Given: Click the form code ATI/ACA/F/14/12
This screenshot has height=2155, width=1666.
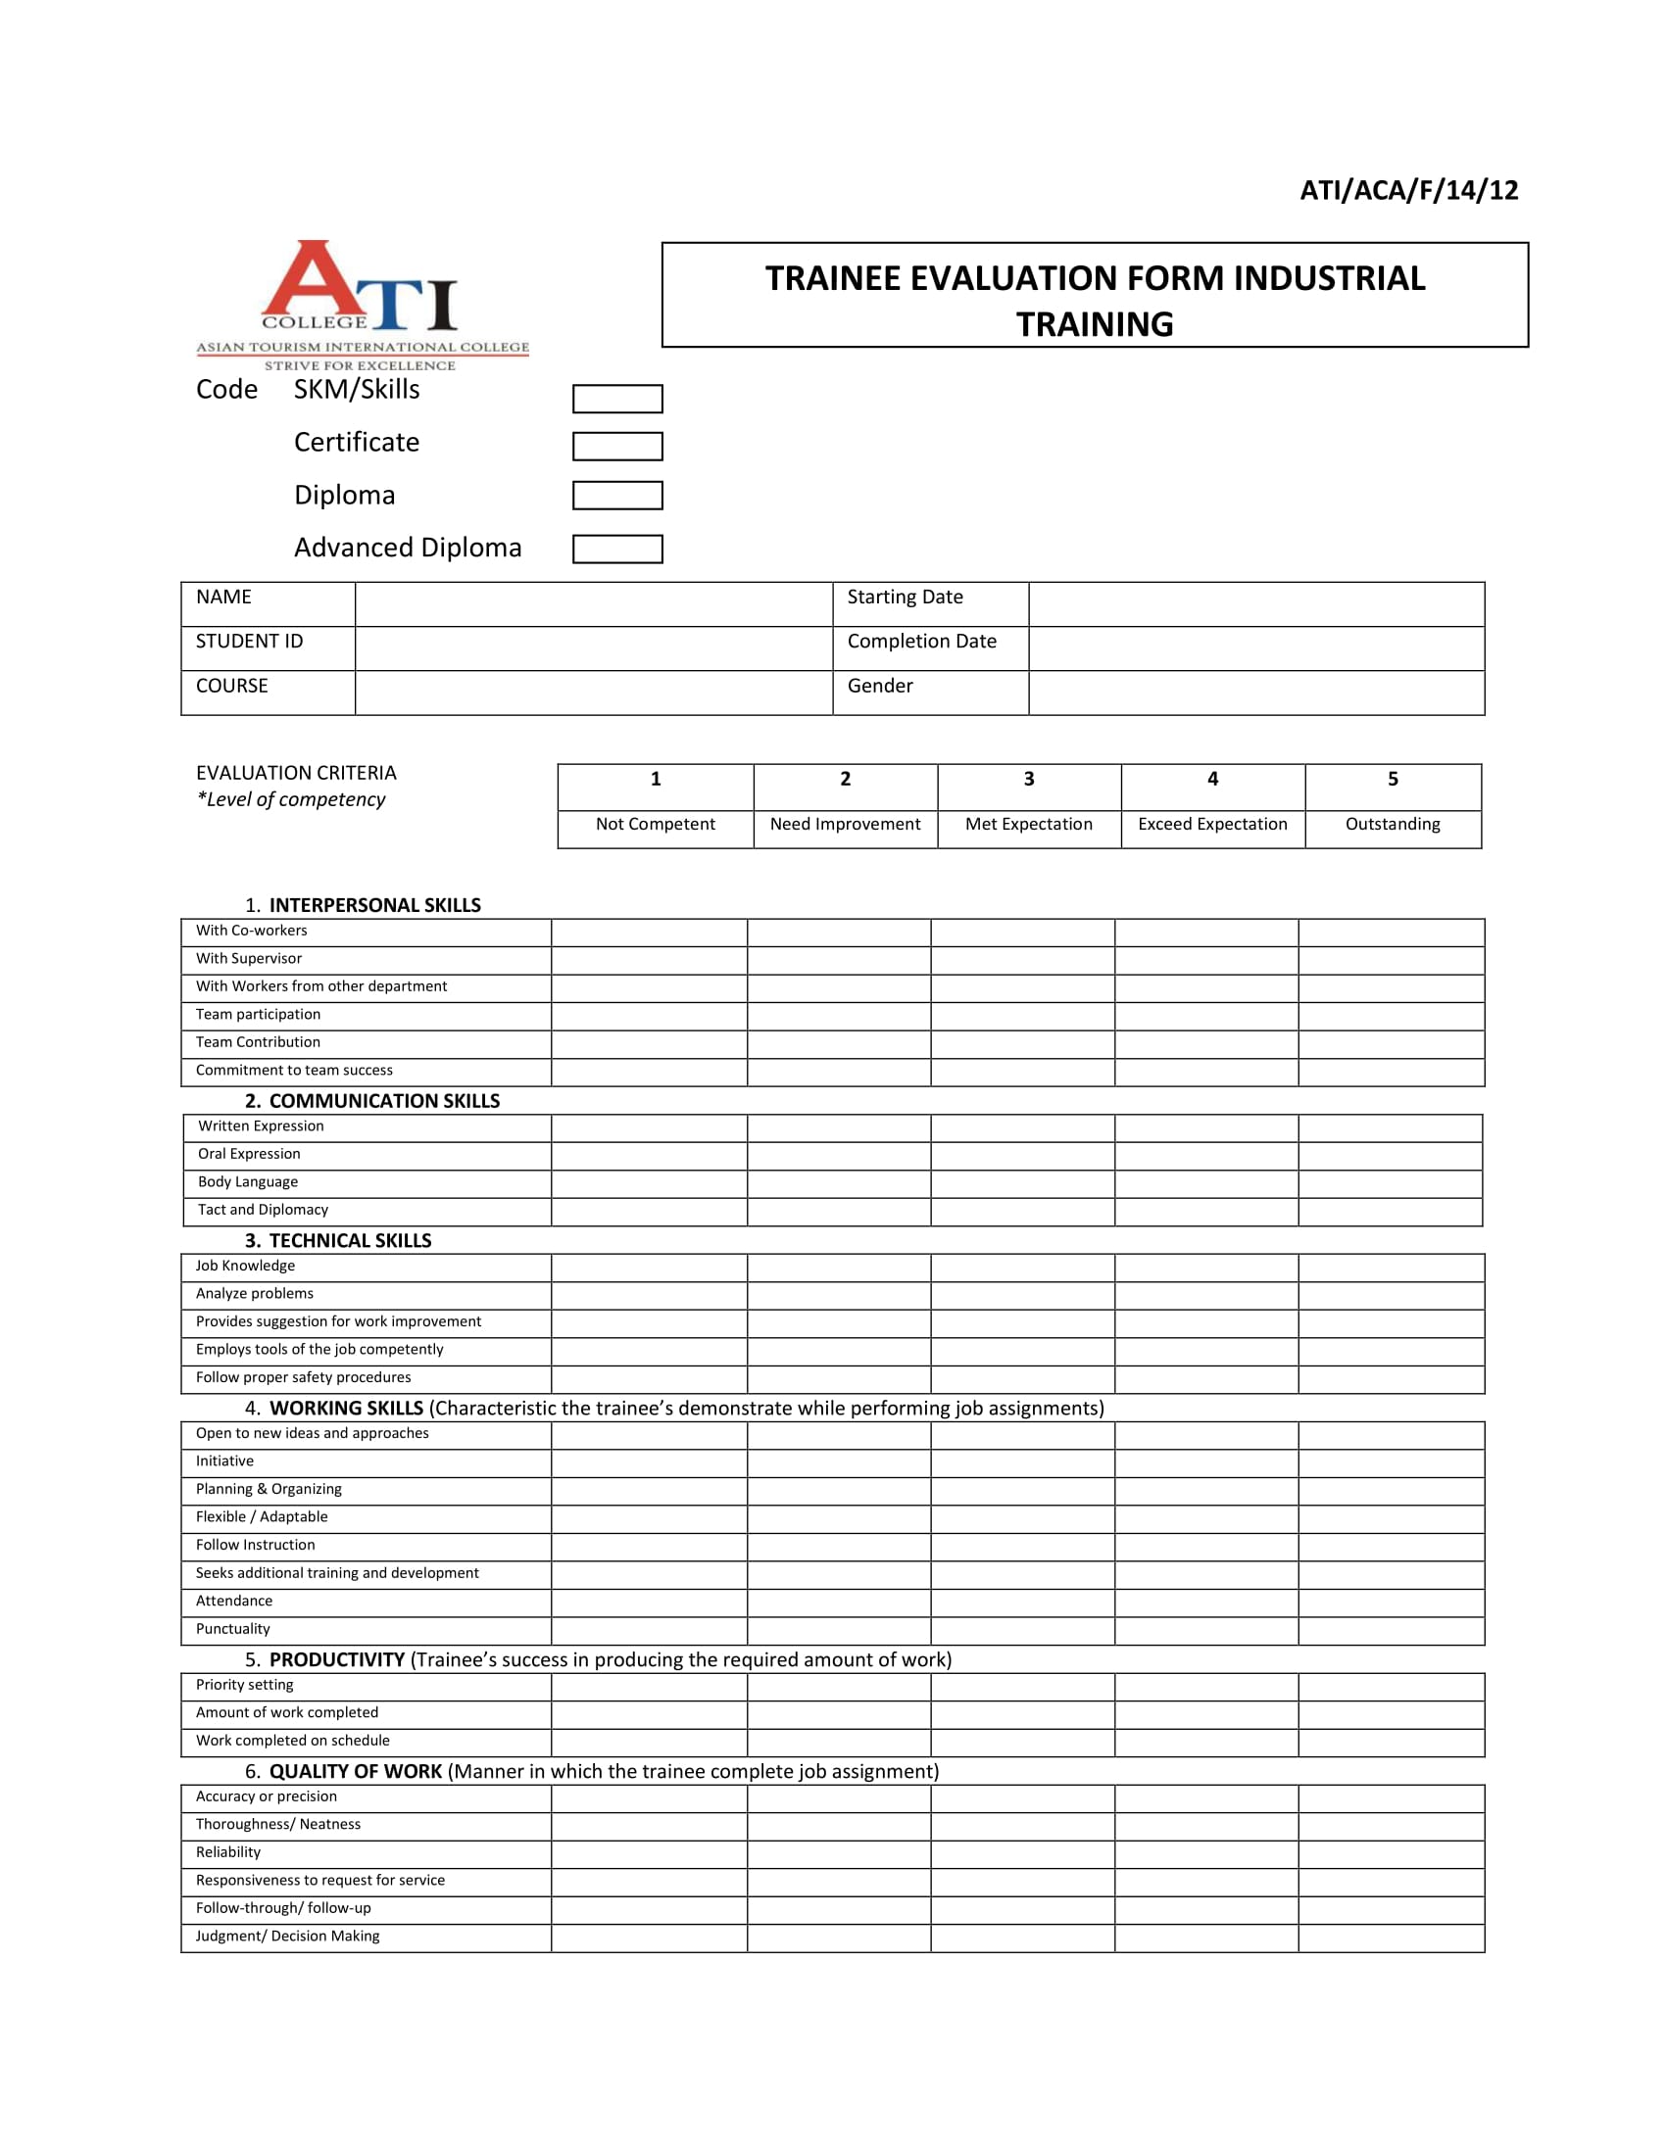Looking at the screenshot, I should pyautogui.click(x=1408, y=190).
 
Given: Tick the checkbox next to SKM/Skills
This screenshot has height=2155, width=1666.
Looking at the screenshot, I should pyautogui.click(x=616, y=399).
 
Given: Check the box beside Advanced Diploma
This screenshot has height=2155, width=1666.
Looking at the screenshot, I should pyautogui.click(x=616, y=549).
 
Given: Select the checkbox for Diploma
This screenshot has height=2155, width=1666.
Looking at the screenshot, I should pyautogui.click(x=616, y=496).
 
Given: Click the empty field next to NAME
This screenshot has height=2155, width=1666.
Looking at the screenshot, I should pyautogui.click(x=593, y=603).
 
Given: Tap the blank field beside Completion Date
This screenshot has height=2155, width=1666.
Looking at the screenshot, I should pyautogui.click(x=1255, y=648).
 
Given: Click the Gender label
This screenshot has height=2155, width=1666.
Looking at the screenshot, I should pyautogui.click(x=879, y=686).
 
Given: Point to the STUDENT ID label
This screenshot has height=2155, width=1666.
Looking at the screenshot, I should pyautogui.click(x=249, y=642).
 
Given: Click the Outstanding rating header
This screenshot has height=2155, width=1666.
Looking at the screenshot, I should pyautogui.click(x=1392, y=824).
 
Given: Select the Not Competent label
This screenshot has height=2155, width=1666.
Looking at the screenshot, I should pyautogui.click(x=656, y=824).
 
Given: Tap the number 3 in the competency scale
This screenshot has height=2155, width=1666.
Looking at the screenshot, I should pyautogui.click(x=1028, y=779).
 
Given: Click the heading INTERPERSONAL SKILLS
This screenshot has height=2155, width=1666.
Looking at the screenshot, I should pyautogui.click(x=374, y=905).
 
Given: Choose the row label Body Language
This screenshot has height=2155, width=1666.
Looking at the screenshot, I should pyautogui.click(x=248, y=1181).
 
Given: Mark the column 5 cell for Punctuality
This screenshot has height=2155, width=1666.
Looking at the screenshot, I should pyautogui.click(x=1391, y=1630).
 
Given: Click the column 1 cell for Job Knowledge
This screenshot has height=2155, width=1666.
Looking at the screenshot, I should pyautogui.click(x=649, y=1267).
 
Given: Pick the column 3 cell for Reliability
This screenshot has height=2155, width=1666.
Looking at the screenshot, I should pyautogui.click(x=1021, y=1853).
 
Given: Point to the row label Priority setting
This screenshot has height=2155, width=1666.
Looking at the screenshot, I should pyautogui.click(x=245, y=1685).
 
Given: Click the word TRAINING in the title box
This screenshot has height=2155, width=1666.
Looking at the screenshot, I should pyautogui.click(x=1095, y=323).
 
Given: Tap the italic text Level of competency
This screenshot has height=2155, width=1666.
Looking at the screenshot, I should pyautogui.click(x=294, y=799).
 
